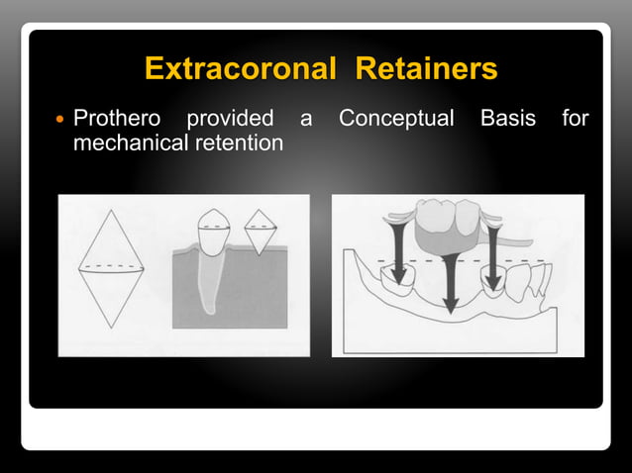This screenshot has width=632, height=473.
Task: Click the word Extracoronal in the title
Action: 243,69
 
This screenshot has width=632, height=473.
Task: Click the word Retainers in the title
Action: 426,69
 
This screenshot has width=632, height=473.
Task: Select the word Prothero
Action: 117,120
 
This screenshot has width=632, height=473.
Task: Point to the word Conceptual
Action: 396,120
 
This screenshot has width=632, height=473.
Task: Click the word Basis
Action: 507,120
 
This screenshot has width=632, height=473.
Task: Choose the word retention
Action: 241,142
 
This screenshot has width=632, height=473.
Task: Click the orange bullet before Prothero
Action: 58,121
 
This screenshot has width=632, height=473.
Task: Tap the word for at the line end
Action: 575,120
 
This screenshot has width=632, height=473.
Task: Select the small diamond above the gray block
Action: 260,232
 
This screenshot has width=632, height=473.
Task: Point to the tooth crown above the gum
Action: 215,230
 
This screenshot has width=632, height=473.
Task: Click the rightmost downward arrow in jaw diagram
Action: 492,252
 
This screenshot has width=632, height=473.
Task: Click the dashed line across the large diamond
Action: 111,267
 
